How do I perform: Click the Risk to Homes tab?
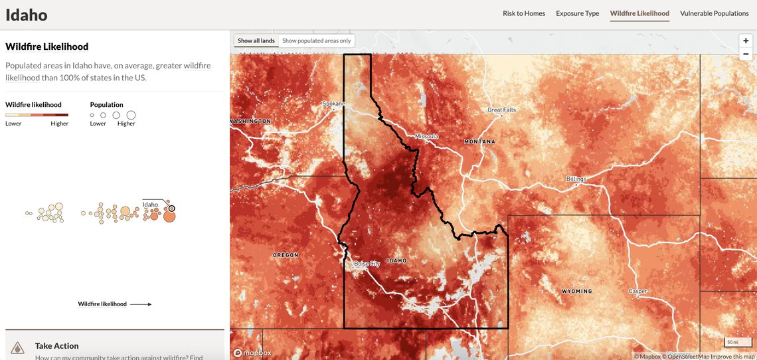(x=523, y=13)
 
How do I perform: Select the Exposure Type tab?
(x=577, y=13)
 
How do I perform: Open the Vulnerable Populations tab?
(x=714, y=13)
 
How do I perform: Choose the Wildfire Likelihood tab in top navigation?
(x=639, y=13)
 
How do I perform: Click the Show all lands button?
(x=256, y=41)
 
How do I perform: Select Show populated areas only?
(x=316, y=41)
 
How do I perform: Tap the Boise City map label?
(x=367, y=264)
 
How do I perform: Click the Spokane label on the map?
(x=333, y=104)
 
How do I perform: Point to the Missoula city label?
(x=426, y=136)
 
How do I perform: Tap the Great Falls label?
(x=501, y=110)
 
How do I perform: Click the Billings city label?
(x=576, y=179)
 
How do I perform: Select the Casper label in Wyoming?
(x=637, y=292)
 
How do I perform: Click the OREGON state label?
(x=286, y=255)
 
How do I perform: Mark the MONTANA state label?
(x=479, y=141)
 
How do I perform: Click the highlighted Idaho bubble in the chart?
(x=171, y=209)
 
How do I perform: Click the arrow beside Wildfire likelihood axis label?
(x=141, y=304)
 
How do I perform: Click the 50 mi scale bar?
(x=732, y=342)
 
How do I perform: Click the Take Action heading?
(x=56, y=345)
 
